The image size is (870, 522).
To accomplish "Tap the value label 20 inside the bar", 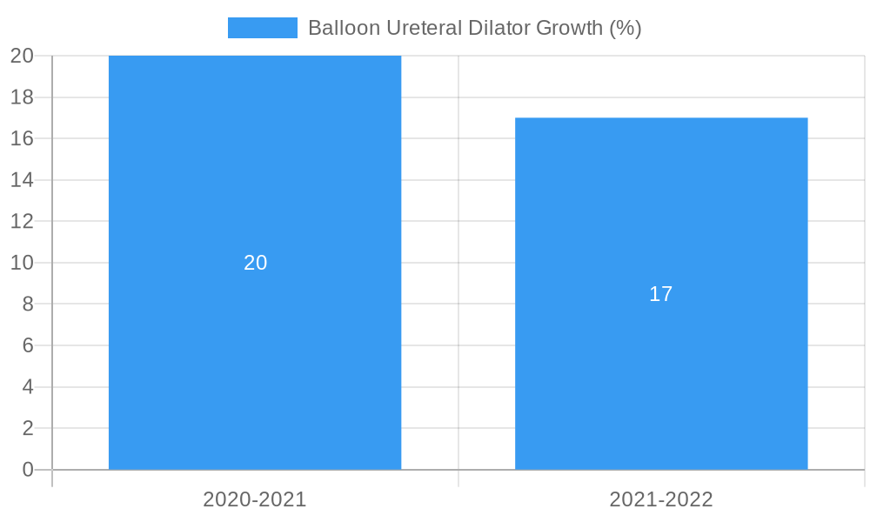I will coord(255,263).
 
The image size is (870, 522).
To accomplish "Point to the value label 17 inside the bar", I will coord(661,294).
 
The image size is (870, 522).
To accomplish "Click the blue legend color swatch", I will coord(262,28).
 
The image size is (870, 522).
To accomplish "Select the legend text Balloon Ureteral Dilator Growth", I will coord(474,28).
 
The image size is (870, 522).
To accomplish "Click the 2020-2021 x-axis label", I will coord(255,499).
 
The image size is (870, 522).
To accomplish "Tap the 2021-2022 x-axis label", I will coord(661,499).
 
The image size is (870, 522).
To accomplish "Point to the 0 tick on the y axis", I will coord(27,470).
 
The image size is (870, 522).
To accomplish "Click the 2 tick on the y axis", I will coord(27,428).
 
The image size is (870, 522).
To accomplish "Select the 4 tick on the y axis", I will coord(27,386).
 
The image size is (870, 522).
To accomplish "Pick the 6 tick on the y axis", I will coord(27,345).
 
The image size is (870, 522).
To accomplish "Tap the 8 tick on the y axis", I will coord(27,304).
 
